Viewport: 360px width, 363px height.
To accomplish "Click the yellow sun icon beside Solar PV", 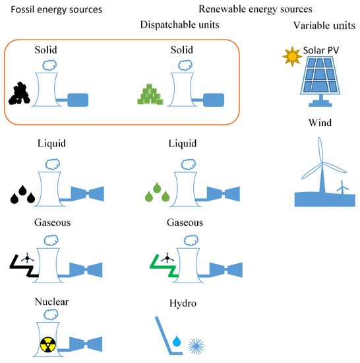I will point(291,57).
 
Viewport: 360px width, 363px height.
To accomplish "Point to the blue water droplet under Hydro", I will point(175,341).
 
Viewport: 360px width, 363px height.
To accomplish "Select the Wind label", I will point(322,123).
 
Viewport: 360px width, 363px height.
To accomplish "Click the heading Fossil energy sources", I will point(51,9).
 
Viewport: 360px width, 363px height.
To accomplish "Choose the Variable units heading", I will point(323,25).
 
